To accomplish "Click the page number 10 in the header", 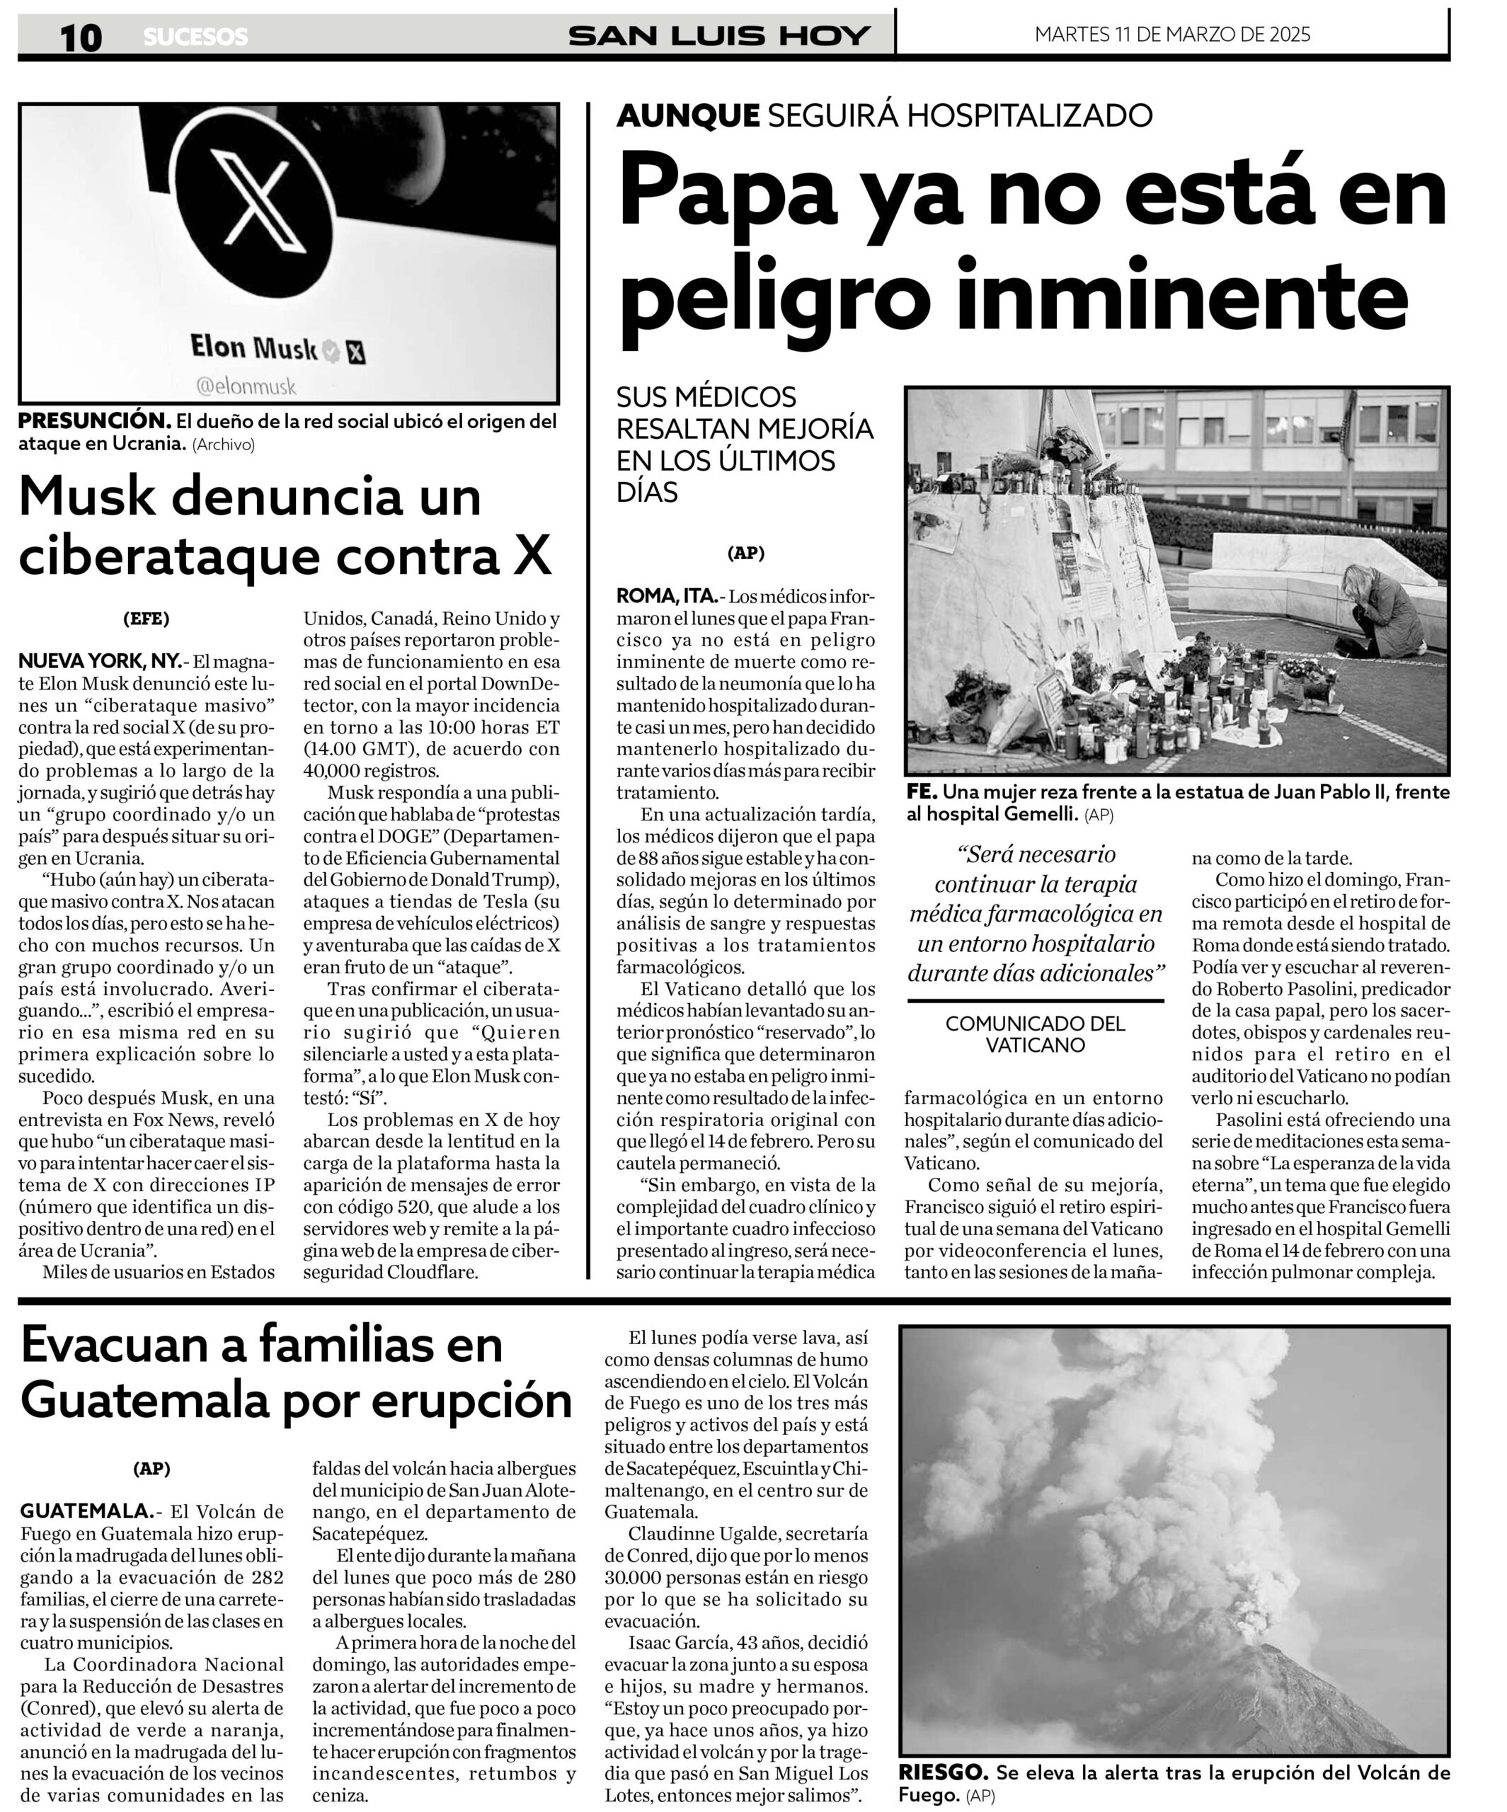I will coord(80,37).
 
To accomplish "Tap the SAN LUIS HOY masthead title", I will coord(718,35).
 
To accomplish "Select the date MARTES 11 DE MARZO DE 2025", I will coord(1171,35).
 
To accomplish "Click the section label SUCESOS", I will coord(195,37).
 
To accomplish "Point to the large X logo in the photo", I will coord(256,200).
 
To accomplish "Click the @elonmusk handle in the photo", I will coord(246,386).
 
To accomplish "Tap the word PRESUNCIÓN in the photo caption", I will coord(94,421).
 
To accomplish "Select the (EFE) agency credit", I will coord(146,618).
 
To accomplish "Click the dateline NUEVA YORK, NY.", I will coord(99,662).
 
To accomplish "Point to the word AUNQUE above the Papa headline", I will coord(687,115).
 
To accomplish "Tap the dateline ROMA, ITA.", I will coord(665,595).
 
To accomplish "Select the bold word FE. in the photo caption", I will coord(921,792).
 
